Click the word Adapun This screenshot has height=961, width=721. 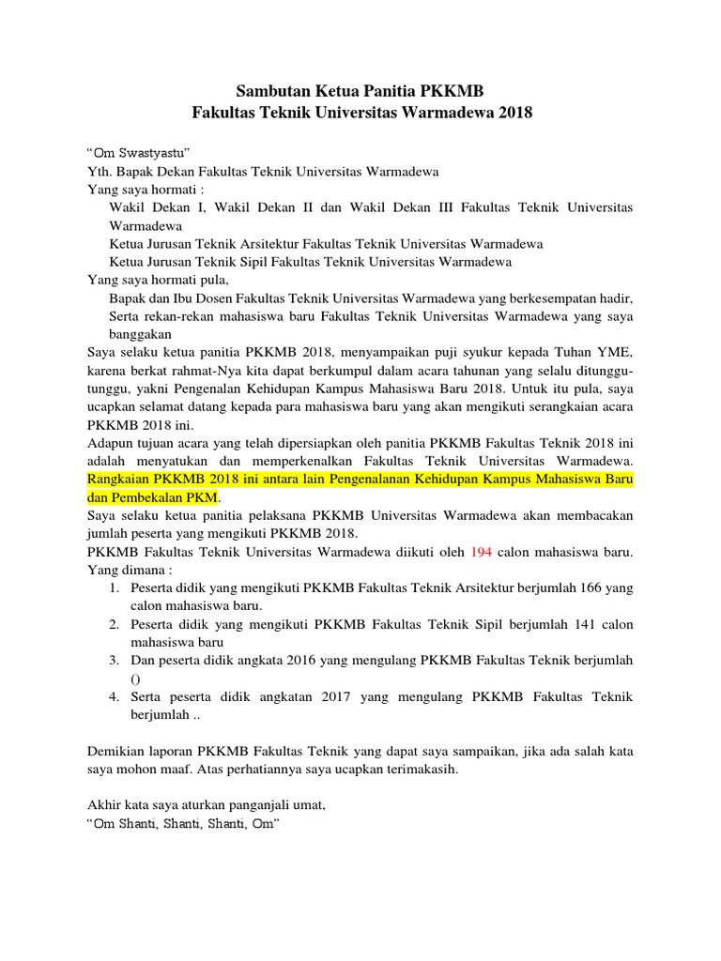(x=110, y=442)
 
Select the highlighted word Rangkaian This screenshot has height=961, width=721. (x=116, y=479)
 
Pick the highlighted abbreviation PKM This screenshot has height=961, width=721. (x=201, y=496)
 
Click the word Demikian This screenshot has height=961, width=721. (x=115, y=751)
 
